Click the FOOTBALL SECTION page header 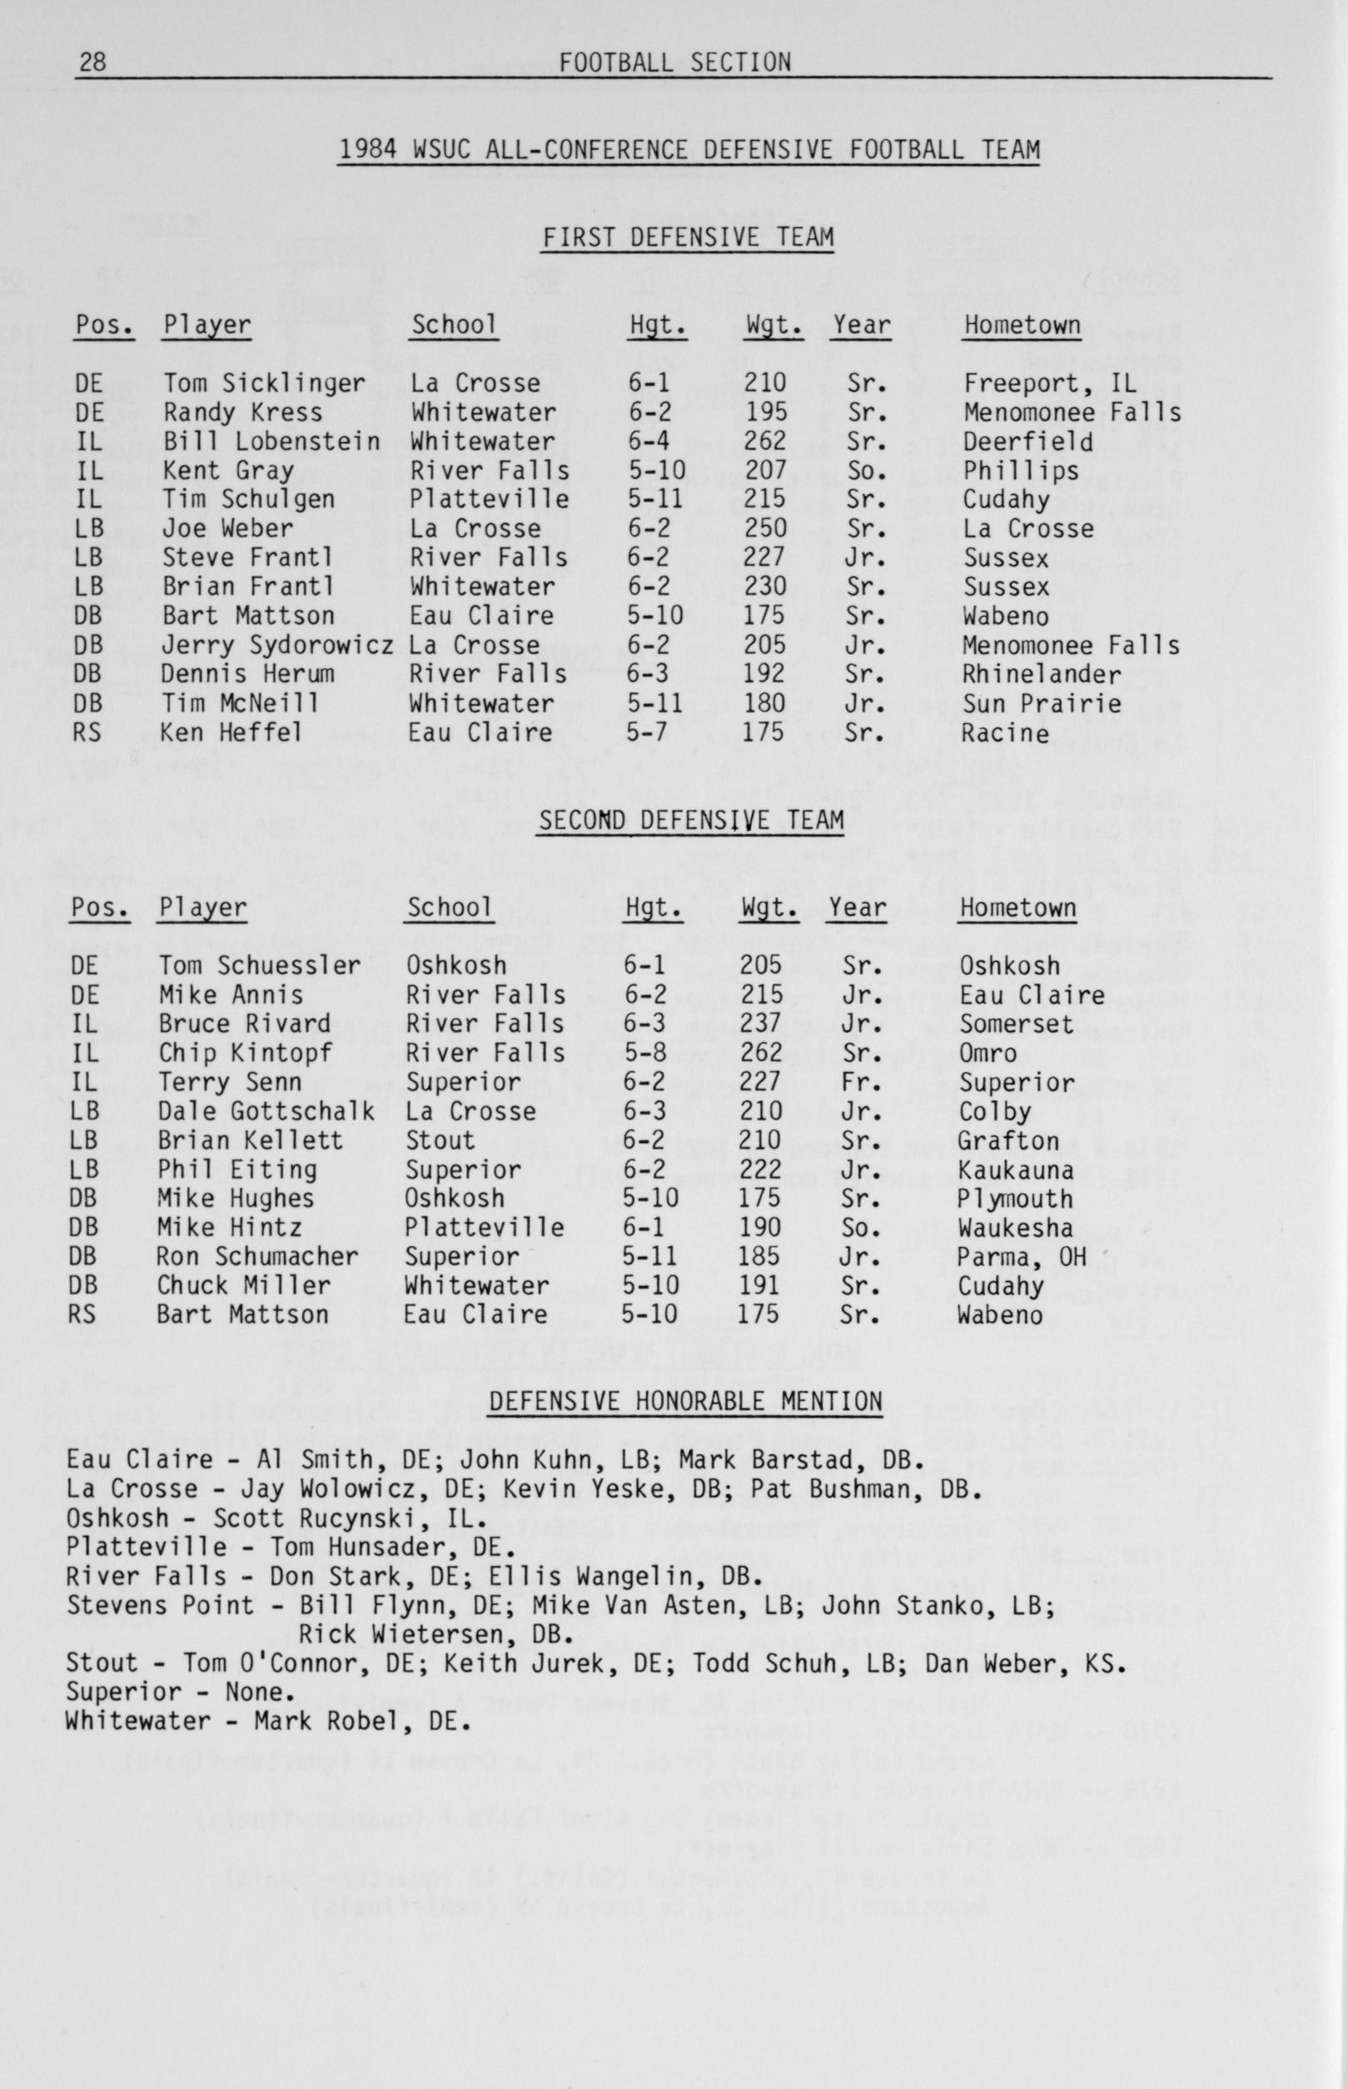674,62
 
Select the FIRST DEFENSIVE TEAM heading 686,237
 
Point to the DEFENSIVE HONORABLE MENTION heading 684,1402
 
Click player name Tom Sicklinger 263,383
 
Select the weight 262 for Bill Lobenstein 765,441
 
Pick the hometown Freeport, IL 1050,383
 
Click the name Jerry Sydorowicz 276,646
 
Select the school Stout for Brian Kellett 440,1140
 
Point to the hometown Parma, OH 1021,1256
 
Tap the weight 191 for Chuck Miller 759,1285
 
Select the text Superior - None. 175,1692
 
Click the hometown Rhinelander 1041,674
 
